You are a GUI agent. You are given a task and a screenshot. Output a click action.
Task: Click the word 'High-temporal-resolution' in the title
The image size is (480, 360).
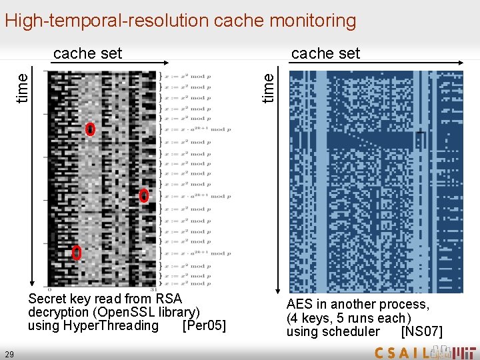(x=106, y=21)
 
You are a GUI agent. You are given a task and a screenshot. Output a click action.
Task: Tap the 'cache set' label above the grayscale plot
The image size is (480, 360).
(x=87, y=53)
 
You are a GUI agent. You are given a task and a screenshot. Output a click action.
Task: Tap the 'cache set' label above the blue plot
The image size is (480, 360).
(x=325, y=53)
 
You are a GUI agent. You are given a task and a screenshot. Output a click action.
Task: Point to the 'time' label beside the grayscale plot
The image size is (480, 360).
(x=23, y=87)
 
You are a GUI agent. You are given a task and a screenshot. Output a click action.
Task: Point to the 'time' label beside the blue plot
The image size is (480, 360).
(x=268, y=87)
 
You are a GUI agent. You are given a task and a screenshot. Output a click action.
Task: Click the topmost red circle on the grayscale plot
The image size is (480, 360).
(x=91, y=129)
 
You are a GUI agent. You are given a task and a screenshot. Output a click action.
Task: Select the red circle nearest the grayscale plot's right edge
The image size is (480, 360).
(x=144, y=196)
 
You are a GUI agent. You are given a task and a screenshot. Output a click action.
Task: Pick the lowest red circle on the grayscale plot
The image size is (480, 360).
(x=77, y=253)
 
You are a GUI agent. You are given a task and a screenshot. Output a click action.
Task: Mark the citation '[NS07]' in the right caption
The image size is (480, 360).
(x=421, y=331)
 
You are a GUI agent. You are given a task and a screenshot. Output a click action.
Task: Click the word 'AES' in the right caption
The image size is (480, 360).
(x=301, y=305)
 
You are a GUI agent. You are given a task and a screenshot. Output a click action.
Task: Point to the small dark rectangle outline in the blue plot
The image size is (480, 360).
(x=420, y=140)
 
